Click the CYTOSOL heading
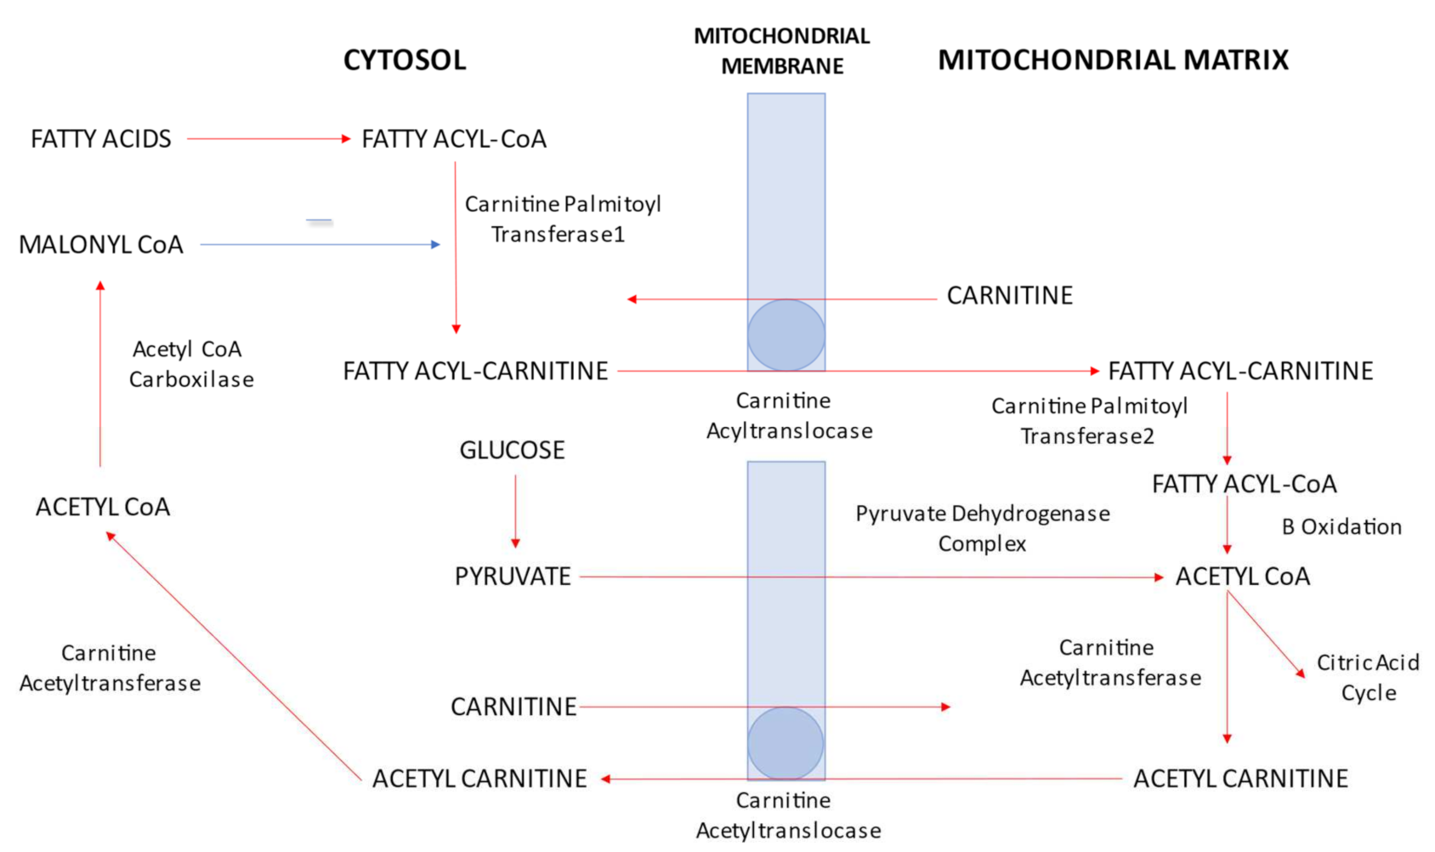click(405, 60)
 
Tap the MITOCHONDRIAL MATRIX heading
click(1113, 60)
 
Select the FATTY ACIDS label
click(101, 139)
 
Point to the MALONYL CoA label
click(101, 245)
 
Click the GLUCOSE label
click(512, 450)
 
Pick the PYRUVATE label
click(513, 577)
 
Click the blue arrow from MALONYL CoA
click(320, 245)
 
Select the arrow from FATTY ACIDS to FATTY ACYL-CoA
click(268, 139)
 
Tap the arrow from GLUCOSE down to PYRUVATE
click(515, 510)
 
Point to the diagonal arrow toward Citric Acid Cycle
click(1266, 634)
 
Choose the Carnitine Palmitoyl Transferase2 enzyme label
click(1089, 421)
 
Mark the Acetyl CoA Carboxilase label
click(190, 364)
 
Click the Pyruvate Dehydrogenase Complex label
click(982, 528)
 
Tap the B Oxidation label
click(1341, 527)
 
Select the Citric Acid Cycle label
click(1368, 677)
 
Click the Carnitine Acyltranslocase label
click(788, 416)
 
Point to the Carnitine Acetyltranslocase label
click(788, 815)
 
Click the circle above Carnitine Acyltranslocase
click(786, 335)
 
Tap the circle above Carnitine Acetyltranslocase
click(786, 743)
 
